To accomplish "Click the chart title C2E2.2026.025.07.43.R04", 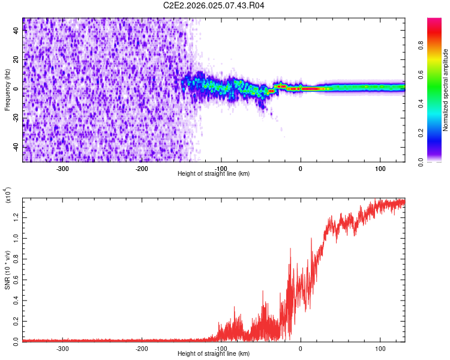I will pyautogui.click(x=214, y=5).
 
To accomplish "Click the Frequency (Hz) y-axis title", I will pyautogui.click(x=7, y=90).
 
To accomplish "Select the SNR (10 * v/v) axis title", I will pyautogui.click(x=7, y=268).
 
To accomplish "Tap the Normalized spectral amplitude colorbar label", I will pyautogui.click(x=446, y=90).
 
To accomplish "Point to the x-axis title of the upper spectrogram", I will pyautogui.click(x=214, y=173).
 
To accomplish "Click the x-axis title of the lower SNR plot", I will pyautogui.click(x=214, y=353).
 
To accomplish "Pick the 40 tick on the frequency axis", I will pyautogui.click(x=16, y=31).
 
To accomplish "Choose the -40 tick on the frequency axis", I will pyautogui.click(x=15, y=147).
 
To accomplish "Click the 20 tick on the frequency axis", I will pyautogui.click(x=16, y=60).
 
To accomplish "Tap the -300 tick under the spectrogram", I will pyautogui.click(x=63, y=169).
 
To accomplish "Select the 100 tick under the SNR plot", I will pyautogui.click(x=380, y=348).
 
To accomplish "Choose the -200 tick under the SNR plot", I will pyautogui.click(x=142, y=348).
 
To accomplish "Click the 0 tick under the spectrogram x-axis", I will pyautogui.click(x=301, y=169).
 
